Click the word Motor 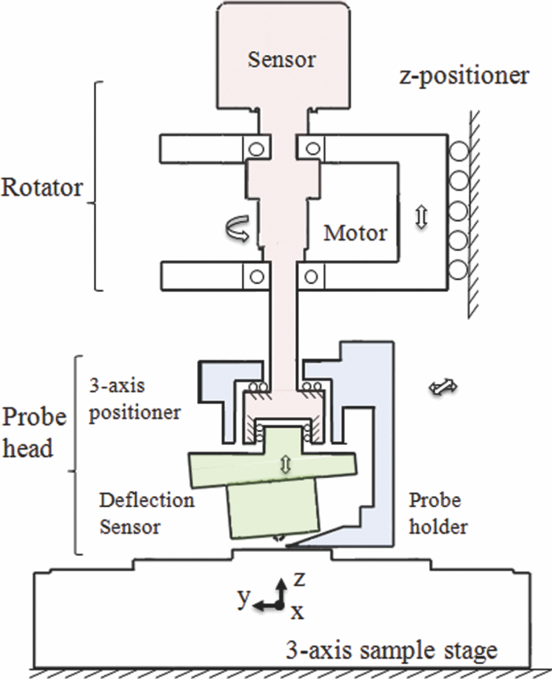[356, 233]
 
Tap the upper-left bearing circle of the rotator [254, 147]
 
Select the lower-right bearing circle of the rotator [311, 276]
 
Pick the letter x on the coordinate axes [294, 611]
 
